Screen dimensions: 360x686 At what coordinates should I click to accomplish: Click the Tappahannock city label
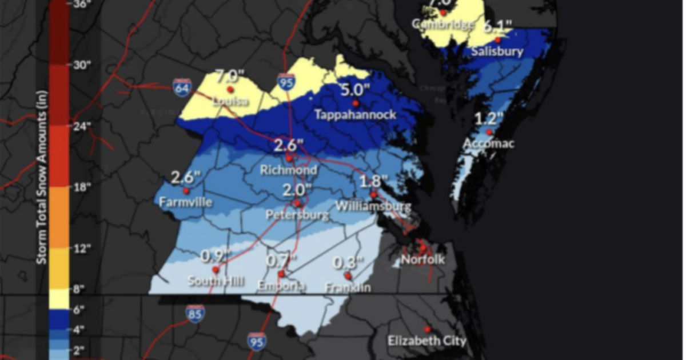coord(355,115)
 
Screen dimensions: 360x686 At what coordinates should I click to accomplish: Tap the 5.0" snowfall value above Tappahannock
coord(355,90)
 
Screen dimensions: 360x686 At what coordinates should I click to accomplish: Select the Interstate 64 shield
coord(181,87)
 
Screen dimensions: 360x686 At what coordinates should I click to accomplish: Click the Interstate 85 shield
coord(195,314)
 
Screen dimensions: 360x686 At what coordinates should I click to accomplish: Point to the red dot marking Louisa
coord(230,90)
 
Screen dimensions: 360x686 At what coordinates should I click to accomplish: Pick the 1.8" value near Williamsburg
coord(374,182)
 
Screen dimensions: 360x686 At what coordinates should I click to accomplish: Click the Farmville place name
coord(186,202)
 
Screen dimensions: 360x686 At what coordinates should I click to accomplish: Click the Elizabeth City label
coord(427,341)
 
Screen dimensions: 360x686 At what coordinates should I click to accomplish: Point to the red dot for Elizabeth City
coord(428,329)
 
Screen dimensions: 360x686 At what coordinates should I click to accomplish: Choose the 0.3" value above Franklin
coord(348,262)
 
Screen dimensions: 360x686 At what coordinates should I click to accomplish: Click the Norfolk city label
coord(422,260)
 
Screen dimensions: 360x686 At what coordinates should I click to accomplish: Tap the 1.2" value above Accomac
coord(489,119)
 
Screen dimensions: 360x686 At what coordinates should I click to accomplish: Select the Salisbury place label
coord(497,51)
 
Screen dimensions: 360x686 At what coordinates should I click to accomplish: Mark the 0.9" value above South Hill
coord(216,256)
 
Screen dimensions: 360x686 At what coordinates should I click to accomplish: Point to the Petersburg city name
coord(297,215)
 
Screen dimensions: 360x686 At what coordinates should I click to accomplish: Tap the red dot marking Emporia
coord(281,274)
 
